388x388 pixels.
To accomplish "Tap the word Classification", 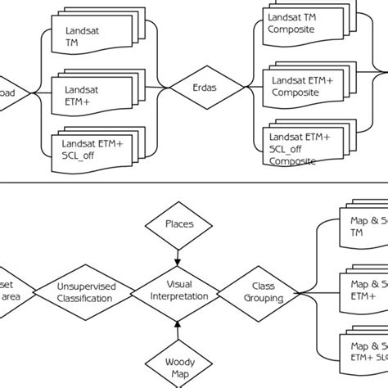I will point(86,300).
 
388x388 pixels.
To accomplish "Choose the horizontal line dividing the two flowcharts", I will point(194,183).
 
